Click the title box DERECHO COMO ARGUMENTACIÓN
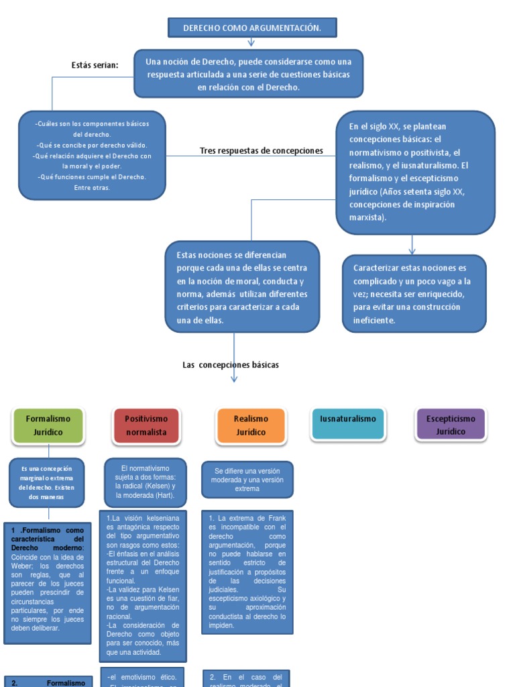[x=251, y=28]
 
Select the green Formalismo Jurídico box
[x=49, y=425]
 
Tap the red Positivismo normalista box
[x=147, y=425]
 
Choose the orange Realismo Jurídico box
[x=251, y=425]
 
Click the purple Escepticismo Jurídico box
[x=451, y=425]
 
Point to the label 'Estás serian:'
[x=95, y=65]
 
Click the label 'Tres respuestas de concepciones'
[x=262, y=151]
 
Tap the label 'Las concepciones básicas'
[x=231, y=365]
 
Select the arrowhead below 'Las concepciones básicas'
[x=234, y=379]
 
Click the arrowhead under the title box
[x=251, y=44]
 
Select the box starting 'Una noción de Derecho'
[x=249, y=73]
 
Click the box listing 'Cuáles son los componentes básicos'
[x=92, y=155]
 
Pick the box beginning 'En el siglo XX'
[x=415, y=172]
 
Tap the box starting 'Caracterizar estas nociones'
[x=414, y=294]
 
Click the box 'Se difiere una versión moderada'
[x=247, y=480]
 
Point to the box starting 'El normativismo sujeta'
[x=145, y=481]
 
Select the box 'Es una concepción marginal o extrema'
[x=47, y=482]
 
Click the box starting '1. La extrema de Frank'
[x=247, y=572]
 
